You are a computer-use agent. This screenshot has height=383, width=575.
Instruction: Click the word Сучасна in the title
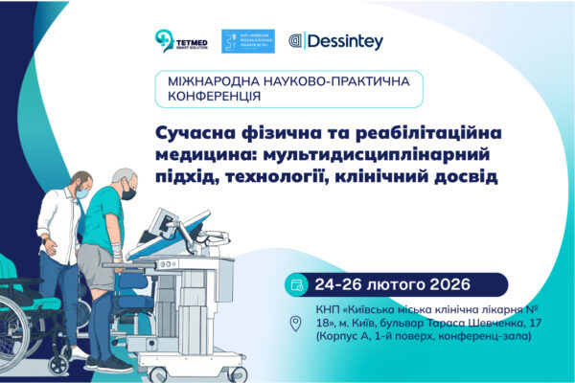[x=192, y=134]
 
